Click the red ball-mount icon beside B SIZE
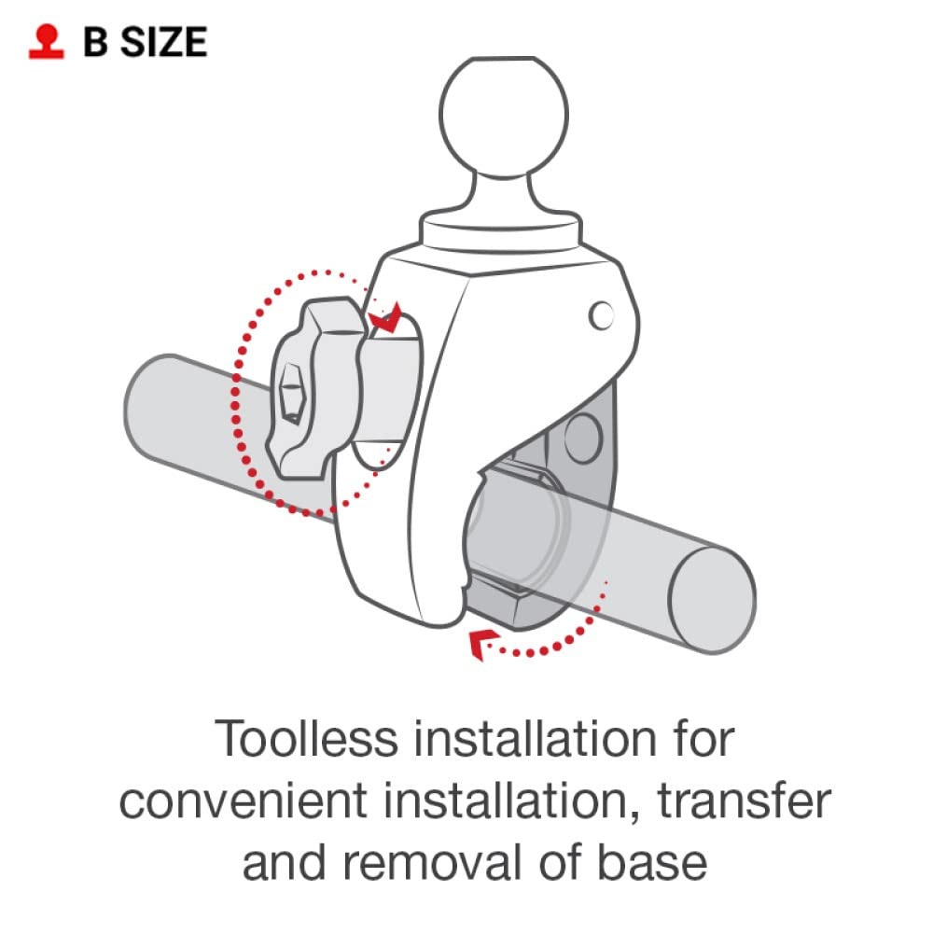click(x=47, y=42)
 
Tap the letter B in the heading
click(x=96, y=42)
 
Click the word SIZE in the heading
click(x=164, y=42)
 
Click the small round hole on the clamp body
click(x=601, y=315)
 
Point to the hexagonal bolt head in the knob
click(x=291, y=394)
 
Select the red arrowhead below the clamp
click(x=482, y=644)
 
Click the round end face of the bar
click(x=712, y=600)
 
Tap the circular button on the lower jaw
click(x=583, y=439)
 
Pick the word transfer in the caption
click(x=744, y=801)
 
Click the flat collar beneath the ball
click(x=500, y=230)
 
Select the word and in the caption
click(x=285, y=863)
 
